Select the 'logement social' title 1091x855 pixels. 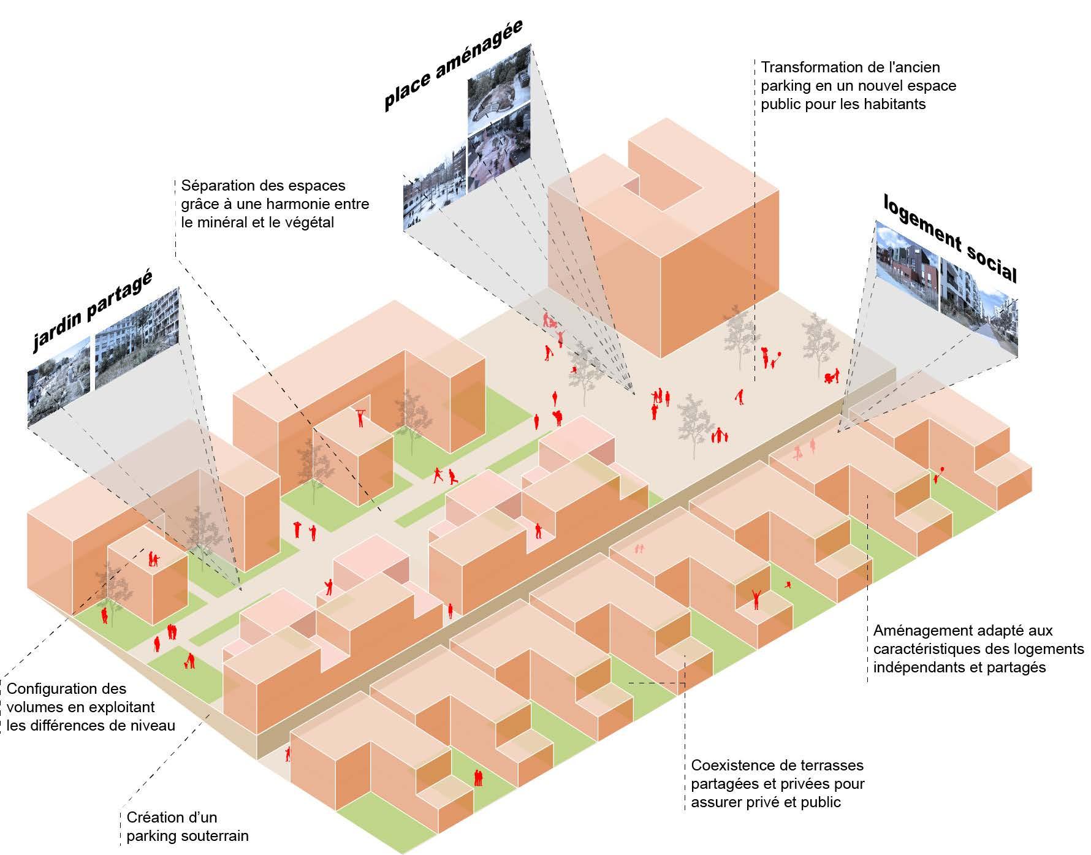pos(950,239)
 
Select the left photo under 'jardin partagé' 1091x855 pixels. pos(58,380)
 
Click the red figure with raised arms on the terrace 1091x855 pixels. pos(756,598)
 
